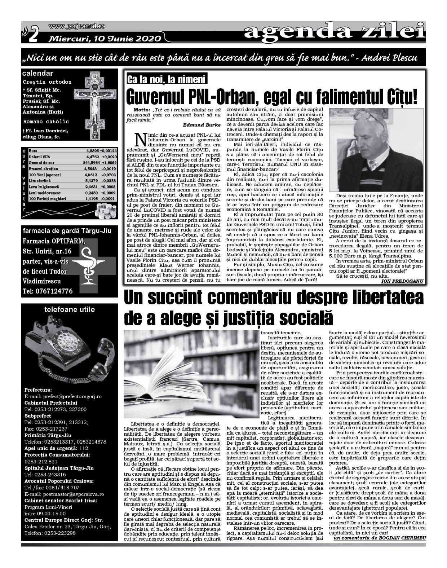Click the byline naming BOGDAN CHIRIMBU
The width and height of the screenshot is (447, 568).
[380, 538]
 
